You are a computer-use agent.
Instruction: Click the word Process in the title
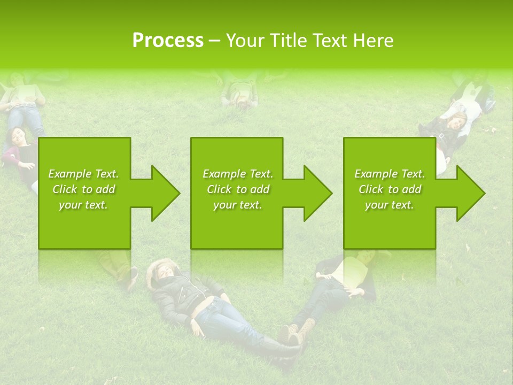coord(168,40)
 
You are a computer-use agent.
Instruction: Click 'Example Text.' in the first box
coord(83,174)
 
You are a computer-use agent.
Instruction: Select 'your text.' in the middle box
coord(238,205)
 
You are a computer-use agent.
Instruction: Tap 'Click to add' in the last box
coord(390,189)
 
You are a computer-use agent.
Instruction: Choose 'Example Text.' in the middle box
coord(238,174)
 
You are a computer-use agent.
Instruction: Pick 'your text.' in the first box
coord(83,205)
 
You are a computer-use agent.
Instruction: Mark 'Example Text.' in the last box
coord(390,174)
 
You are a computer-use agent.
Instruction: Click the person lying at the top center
coord(241,94)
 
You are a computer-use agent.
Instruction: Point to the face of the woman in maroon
coord(20,136)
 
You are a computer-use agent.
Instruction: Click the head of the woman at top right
coord(458,122)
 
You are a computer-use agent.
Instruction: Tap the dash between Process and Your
coord(215,41)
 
